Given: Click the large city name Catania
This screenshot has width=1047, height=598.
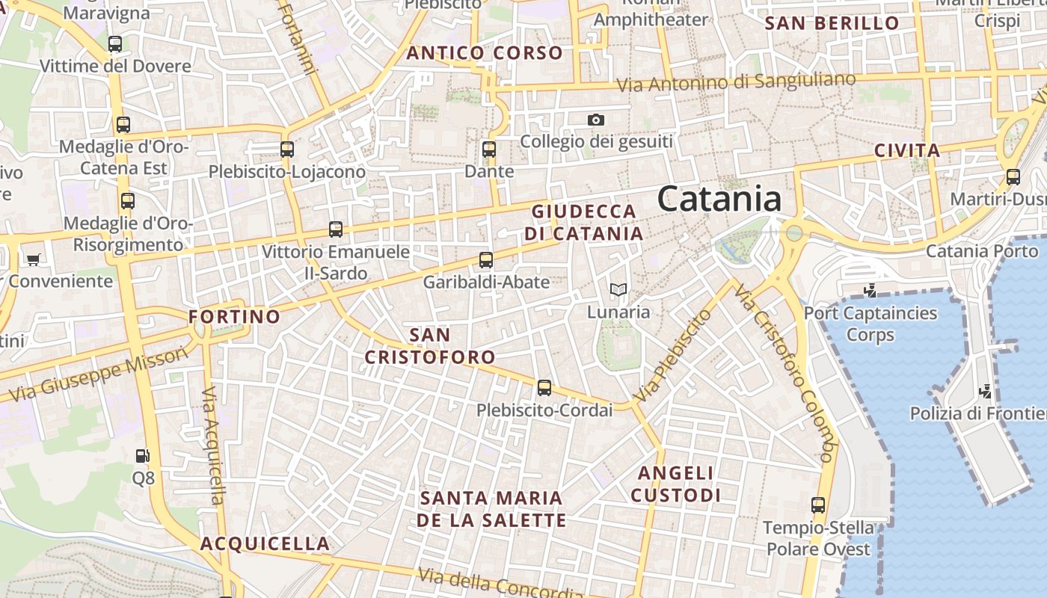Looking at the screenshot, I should pos(719,199).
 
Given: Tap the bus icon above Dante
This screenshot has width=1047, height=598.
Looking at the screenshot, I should pos(489,149).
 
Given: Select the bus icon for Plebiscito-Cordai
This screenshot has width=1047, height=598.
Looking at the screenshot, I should pos(544,388).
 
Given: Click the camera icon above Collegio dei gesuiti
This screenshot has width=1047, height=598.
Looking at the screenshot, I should pos(595,120).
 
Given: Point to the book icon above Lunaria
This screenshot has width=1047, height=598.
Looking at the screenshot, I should pos(618,289).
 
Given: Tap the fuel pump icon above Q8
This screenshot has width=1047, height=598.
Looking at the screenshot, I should pos(142,455).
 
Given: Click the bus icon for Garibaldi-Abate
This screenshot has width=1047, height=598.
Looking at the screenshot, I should pos(486,260).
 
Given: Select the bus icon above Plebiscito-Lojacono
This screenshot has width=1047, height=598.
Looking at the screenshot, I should pos(287,149).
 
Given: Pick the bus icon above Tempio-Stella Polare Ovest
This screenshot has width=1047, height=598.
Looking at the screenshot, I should pos(818,505).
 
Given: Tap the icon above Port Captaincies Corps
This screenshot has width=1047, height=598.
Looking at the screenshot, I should pos(870,290).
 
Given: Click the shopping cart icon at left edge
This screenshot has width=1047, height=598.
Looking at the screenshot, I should pos(33,259).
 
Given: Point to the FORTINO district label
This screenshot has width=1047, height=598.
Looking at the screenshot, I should pos(234,317).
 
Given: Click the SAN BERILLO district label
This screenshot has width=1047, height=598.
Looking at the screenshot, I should pos(832,23).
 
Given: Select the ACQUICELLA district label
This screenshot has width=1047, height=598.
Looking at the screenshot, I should pos(265,543).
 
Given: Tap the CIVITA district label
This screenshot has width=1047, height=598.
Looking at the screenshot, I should pos(907,150).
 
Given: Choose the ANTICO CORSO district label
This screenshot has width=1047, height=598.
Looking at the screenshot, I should pos(484,53).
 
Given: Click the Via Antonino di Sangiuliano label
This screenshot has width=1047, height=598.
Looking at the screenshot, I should pos(736,82).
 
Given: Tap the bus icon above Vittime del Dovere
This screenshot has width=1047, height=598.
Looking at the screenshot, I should pos(115,44).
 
